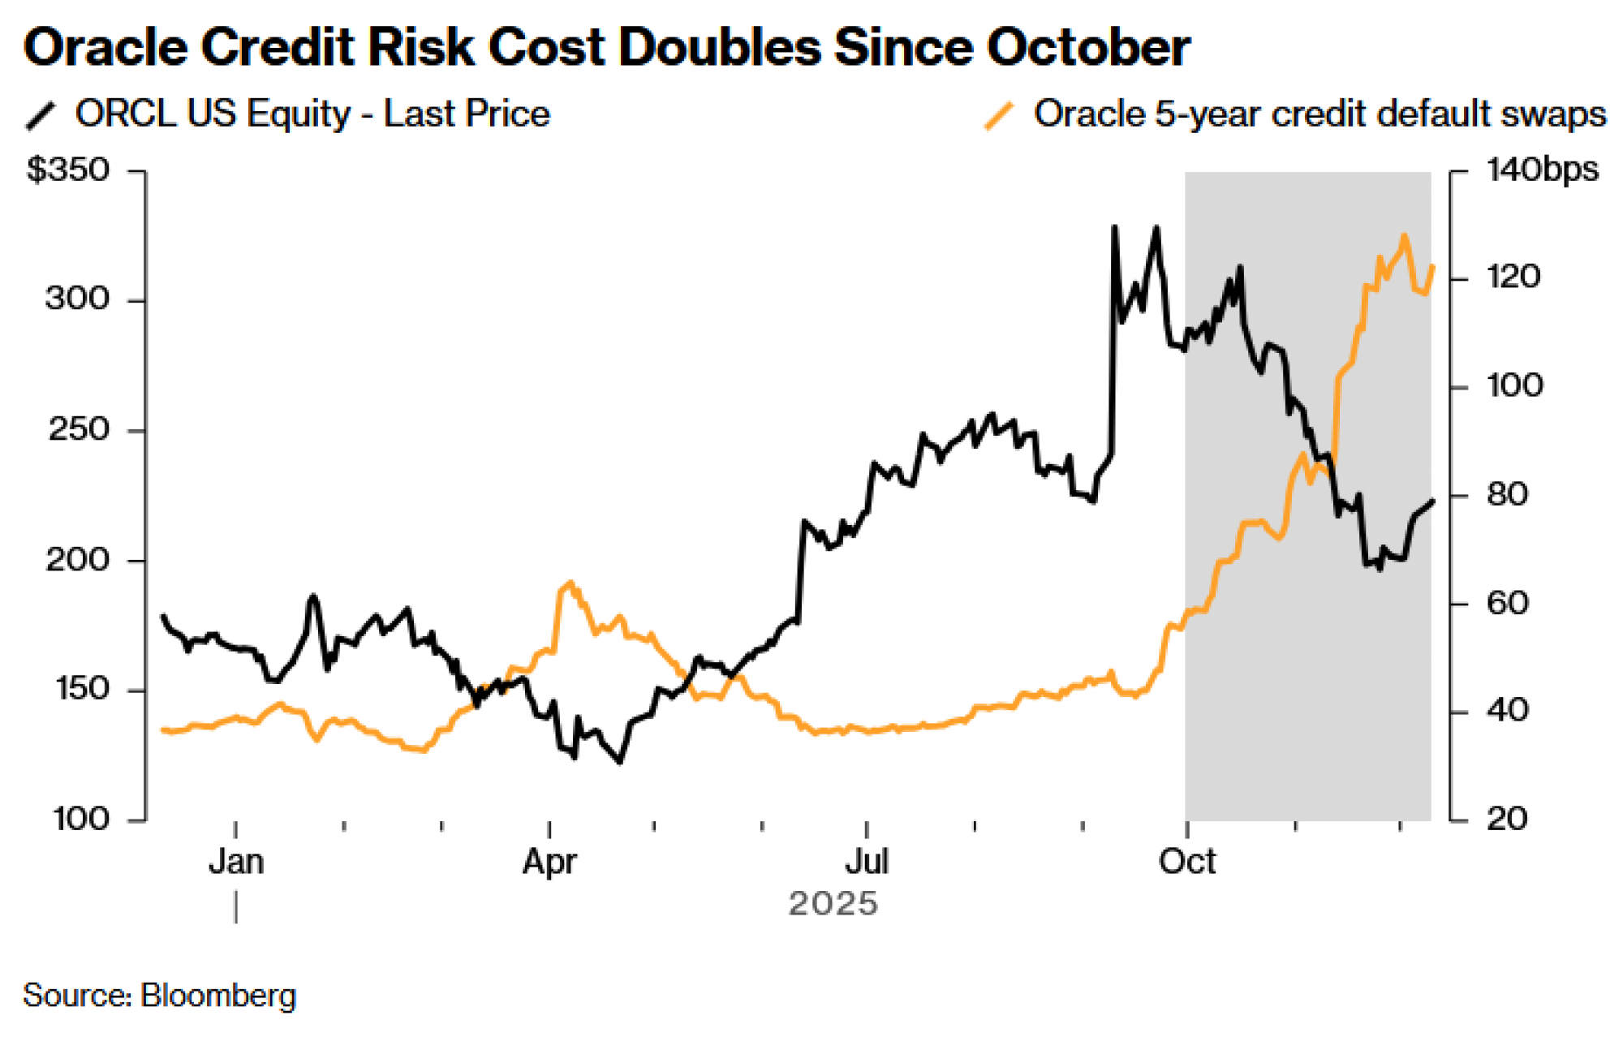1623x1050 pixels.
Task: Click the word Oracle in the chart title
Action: click(106, 47)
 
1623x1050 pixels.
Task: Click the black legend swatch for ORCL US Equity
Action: click(41, 115)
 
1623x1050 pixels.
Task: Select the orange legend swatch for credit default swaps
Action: click(999, 115)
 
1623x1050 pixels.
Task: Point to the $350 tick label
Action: click(68, 170)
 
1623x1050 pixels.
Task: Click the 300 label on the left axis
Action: click(77, 299)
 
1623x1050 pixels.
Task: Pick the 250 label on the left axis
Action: click(78, 429)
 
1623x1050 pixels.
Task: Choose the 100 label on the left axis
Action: click(80, 819)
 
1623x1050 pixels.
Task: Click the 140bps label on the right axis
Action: click(1542, 170)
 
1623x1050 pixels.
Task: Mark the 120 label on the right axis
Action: click(1513, 278)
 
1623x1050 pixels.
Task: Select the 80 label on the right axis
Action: click(1507, 494)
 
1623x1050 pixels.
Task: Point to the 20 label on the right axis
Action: click(1507, 819)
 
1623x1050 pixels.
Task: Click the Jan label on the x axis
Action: click(236, 862)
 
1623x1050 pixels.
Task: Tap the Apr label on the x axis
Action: click(549, 862)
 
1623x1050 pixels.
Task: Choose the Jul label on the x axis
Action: click(867, 862)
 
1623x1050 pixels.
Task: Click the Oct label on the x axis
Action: click(1186, 862)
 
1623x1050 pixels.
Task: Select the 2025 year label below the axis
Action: click(833, 904)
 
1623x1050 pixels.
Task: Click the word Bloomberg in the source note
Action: click(218, 996)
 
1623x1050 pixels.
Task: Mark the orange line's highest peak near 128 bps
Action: click(1404, 237)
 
